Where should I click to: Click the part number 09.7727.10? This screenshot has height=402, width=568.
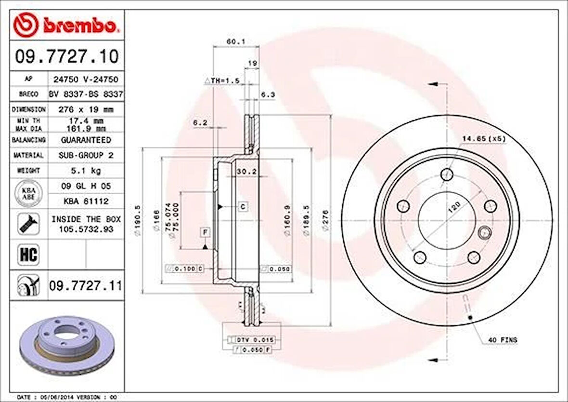[66, 56]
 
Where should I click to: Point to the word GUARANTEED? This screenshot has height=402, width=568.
[86, 140]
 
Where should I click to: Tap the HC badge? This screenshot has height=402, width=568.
[28, 255]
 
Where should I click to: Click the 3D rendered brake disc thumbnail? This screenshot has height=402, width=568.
[67, 343]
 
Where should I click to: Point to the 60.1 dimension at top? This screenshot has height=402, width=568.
[236, 42]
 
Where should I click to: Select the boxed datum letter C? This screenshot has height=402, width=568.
[243, 207]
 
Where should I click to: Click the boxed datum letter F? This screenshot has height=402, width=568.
[205, 233]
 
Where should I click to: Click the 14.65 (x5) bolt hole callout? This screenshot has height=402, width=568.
[484, 139]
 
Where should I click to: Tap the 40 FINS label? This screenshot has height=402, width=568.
[503, 340]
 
